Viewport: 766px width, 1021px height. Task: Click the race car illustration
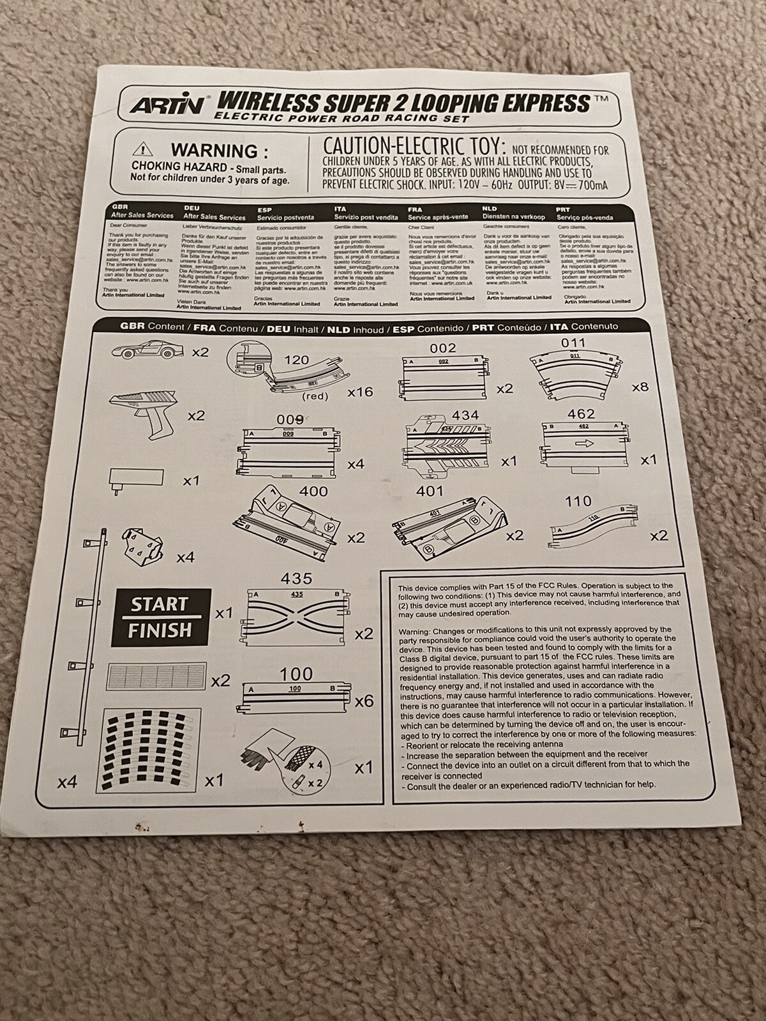tap(148, 350)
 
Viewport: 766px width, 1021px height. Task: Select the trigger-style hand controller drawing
tap(144, 409)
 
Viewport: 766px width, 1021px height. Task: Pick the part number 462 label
tap(580, 414)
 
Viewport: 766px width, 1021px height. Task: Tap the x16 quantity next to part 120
tap(359, 392)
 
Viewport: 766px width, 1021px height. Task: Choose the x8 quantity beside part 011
tap(640, 387)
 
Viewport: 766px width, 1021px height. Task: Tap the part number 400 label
tap(313, 491)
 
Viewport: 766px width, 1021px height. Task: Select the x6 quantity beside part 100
tap(364, 701)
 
